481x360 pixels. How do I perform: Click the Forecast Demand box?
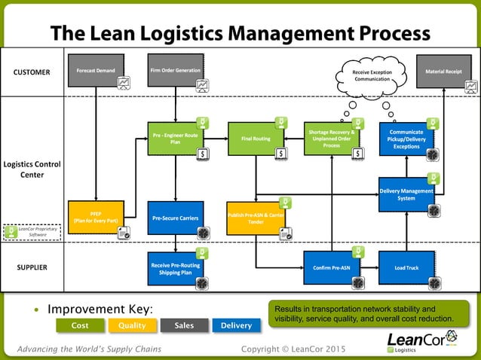coord(96,71)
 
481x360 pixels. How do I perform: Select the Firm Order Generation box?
coord(176,71)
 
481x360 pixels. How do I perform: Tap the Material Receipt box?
coord(445,71)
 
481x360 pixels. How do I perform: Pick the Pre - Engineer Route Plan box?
coord(176,139)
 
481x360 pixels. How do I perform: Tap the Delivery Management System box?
coord(406,194)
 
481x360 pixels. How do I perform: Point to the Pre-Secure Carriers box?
coord(176,218)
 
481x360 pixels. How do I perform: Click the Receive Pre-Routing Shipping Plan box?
coord(176,268)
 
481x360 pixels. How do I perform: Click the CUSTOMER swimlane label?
coord(32,73)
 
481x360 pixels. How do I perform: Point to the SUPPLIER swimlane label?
coord(32,267)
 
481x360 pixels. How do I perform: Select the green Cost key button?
coord(80,325)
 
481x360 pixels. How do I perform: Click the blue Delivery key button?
coord(237,325)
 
